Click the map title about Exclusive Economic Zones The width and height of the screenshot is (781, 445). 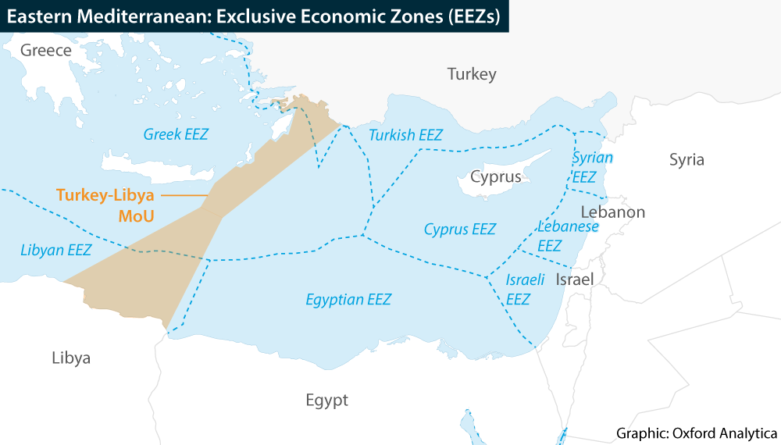pyautogui.click(x=254, y=16)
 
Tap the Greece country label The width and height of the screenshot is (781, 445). pyautogui.click(x=46, y=51)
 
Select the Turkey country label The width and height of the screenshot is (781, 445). pyautogui.click(x=472, y=74)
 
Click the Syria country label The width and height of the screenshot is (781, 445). pyautogui.click(x=686, y=160)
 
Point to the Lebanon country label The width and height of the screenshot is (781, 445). pyautogui.click(x=613, y=212)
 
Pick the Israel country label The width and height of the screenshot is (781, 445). pyautogui.click(x=575, y=279)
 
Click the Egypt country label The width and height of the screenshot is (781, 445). pyautogui.click(x=326, y=400)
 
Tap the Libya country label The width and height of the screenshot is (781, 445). pyautogui.click(x=71, y=358)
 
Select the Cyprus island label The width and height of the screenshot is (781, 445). pyautogui.click(x=495, y=176)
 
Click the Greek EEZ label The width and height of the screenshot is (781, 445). pyautogui.click(x=176, y=134)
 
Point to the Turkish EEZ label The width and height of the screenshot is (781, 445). pyautogui.click(x=405, y=135)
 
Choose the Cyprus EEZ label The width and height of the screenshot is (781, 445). pyautogui.click(x=460, y=230)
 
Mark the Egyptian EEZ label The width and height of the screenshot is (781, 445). pyautogui.click(x=348, y=300)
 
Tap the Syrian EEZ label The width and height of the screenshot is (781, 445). pyautogui.click(x=591, y=167)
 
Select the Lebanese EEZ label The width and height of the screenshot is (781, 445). pyautogui.click(x=567, y=236)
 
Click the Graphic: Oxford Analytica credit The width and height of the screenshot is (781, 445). pyautogui.click(x=697, y=433)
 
